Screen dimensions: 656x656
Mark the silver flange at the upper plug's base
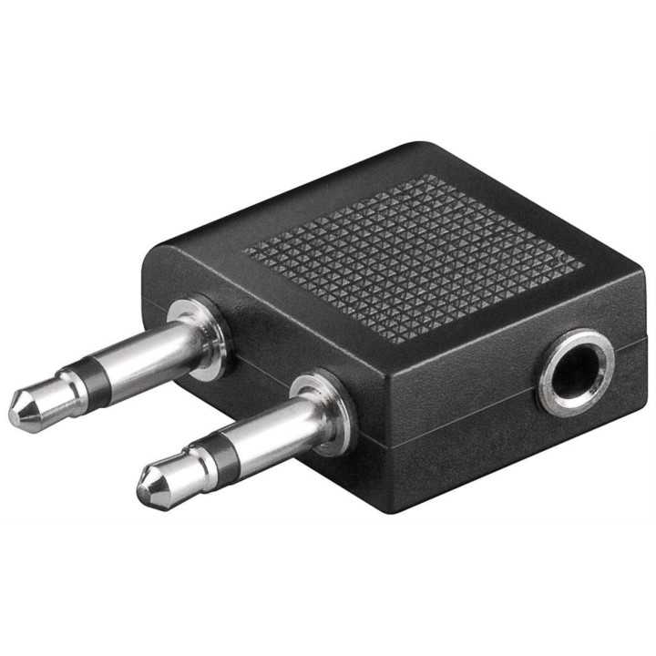pos(208,337)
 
